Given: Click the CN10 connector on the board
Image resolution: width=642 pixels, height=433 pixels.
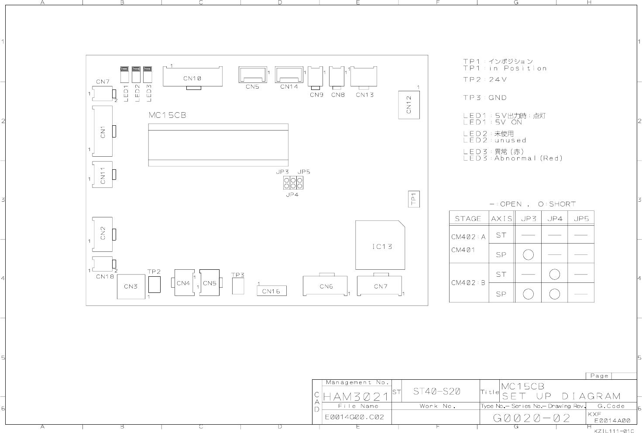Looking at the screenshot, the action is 192,77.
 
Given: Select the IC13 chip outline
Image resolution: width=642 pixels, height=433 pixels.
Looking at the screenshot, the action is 380,245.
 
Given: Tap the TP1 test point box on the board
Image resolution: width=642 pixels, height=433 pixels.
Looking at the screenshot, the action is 414,199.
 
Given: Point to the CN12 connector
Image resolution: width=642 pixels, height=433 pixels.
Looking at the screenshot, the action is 409,105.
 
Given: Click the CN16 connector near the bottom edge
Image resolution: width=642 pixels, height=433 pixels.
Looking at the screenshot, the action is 271,291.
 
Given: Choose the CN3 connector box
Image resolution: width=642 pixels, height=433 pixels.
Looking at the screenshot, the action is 131,287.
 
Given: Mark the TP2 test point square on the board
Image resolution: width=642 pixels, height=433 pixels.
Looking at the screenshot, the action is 154,285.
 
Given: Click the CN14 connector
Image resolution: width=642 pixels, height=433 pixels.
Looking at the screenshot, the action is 289,75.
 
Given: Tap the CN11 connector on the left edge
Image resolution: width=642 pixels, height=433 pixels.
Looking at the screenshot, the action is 103,175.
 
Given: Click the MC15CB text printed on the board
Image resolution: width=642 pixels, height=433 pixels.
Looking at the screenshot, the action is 168,115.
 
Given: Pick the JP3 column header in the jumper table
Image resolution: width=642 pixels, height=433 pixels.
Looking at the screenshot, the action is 529,219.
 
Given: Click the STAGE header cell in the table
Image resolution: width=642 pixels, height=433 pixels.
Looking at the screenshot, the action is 468,219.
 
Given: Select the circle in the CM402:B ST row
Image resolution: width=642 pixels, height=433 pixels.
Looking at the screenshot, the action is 555,274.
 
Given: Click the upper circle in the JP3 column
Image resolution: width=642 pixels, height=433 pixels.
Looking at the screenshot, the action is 528,255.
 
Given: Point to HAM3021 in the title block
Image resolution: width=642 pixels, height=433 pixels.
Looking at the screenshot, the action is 356,397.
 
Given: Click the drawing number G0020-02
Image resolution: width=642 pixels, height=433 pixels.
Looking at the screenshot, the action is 532,418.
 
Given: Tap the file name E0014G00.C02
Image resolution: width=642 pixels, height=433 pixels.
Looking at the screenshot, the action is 354,417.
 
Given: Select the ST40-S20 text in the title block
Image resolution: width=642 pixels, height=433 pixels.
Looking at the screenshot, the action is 436,391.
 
